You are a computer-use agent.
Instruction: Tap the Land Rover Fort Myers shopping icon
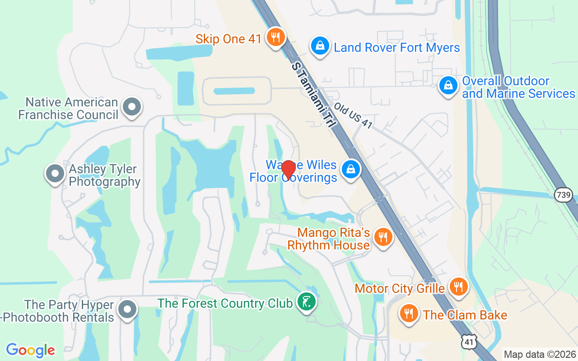[x=320, y=46]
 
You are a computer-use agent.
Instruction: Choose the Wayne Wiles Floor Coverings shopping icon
[x=350, y=170]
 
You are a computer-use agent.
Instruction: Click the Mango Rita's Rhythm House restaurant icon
[x=383, y=237]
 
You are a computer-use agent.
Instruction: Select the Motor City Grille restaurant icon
[x=458, y=287]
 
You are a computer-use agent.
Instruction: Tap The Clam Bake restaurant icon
[x=409, y=313]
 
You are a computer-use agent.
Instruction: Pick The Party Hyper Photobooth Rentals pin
[x=127, y=310]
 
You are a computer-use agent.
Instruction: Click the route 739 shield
[x=564, y=195]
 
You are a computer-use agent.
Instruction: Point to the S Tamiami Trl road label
[x=314, y=95]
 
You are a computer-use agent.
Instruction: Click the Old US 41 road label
[x=354, y=115]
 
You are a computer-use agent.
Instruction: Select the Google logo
[x=30, y=350]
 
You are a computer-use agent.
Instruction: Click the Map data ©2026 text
[x=540, y=355]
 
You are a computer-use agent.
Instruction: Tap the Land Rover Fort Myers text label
[x=397, y=47]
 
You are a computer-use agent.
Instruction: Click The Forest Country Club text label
[x=225, y=303]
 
